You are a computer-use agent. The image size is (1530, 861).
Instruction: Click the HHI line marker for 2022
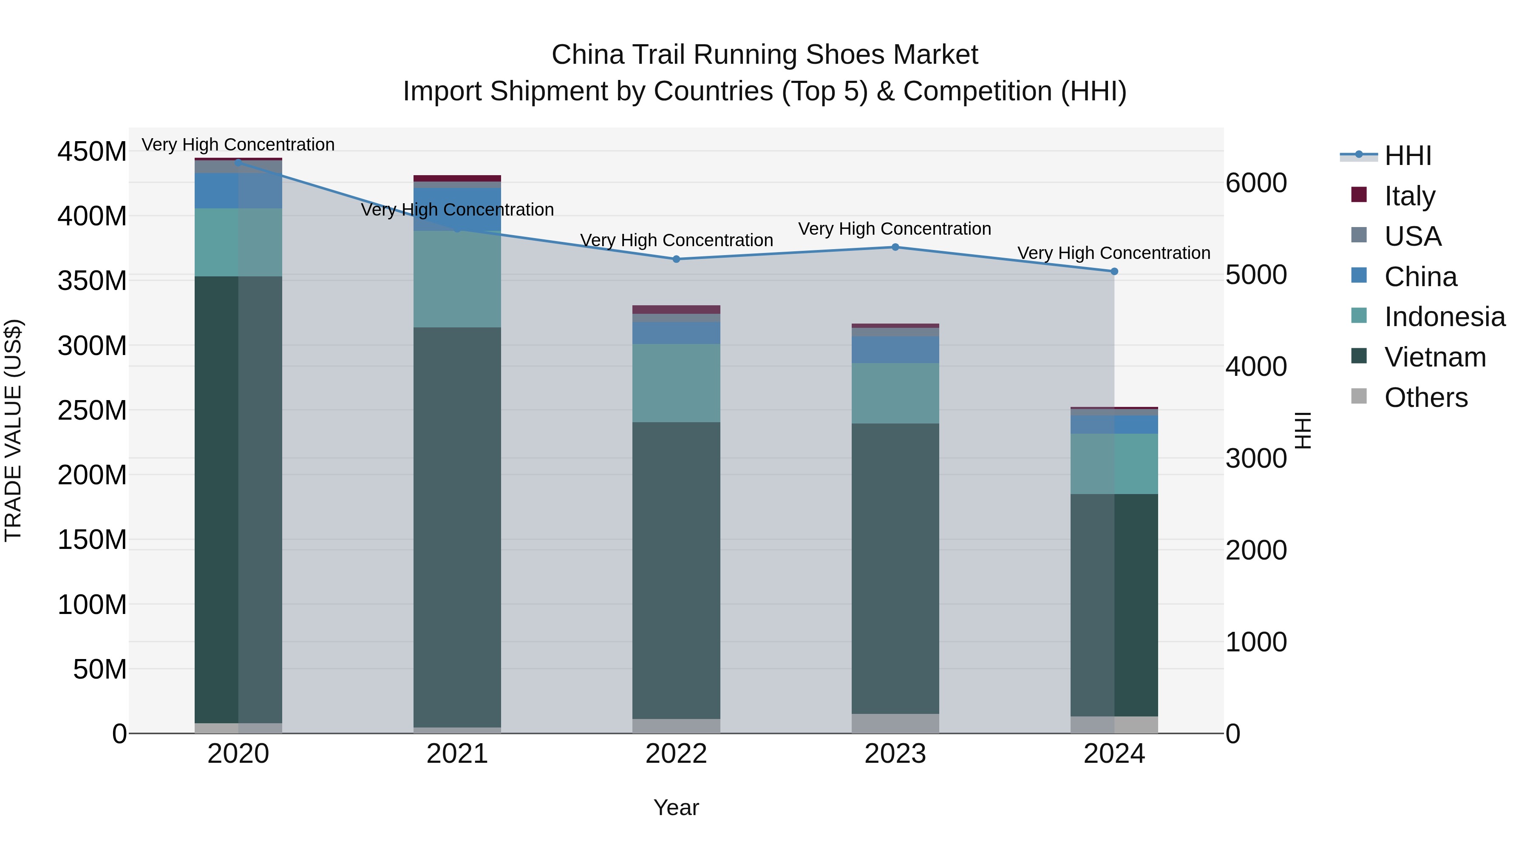coord(676,259)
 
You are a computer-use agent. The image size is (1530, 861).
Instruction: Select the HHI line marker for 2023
coord(895,247)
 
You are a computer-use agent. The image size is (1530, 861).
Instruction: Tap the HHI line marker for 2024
coord(1114,272)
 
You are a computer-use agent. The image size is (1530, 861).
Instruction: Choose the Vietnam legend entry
coord(1434,357)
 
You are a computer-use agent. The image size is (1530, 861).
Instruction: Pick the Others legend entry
coord(1425,398)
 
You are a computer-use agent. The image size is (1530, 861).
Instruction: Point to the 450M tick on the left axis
coord(92,151)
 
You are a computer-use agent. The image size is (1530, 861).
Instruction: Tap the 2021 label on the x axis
coord(457,754)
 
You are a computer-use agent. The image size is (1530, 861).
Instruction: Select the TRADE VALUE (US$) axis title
coord(13,430)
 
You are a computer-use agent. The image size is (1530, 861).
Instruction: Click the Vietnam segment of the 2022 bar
coord(676,571)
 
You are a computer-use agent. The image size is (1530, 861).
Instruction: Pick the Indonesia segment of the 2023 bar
coord(895,393)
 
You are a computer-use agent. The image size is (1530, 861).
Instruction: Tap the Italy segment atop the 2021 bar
coord(457,178)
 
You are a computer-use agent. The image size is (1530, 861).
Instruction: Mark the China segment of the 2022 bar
coord(676,333)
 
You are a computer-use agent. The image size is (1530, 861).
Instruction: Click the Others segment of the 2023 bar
coord(895,723)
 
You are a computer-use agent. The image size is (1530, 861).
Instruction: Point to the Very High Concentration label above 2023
coord(895,229)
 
